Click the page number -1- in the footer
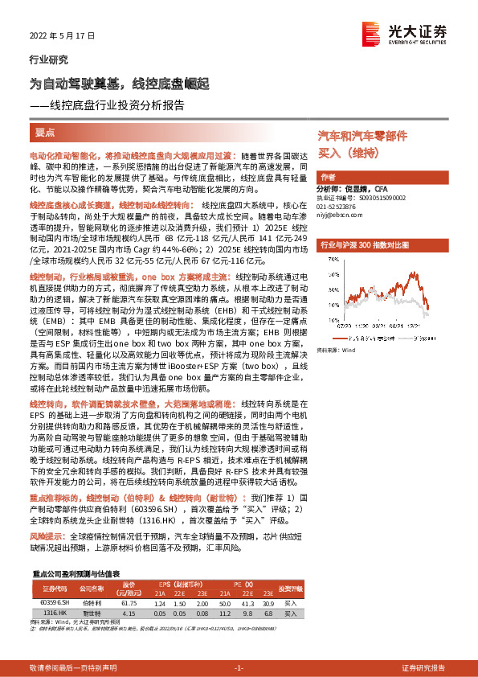[239, 668]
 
